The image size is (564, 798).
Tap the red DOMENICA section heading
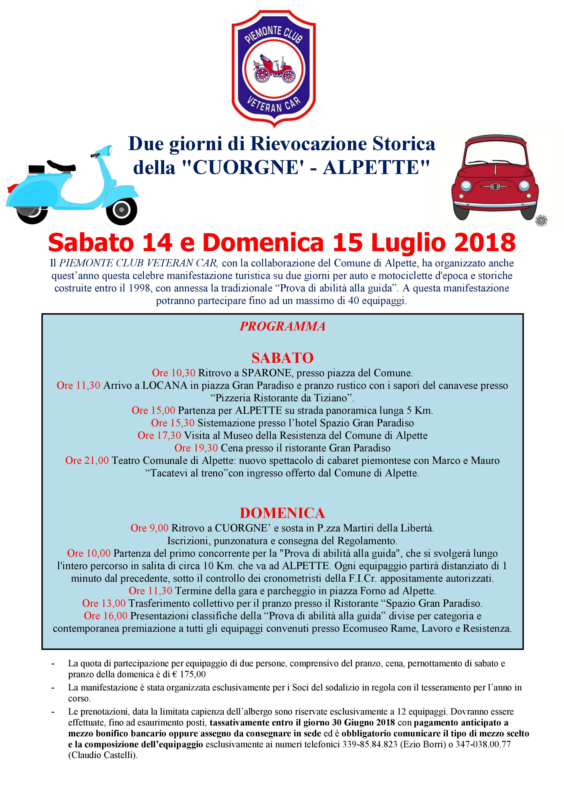click(x=282, y=513)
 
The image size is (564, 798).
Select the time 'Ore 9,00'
click(x=149, y=528)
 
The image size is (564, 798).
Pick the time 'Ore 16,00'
click(x=105, y=616)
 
